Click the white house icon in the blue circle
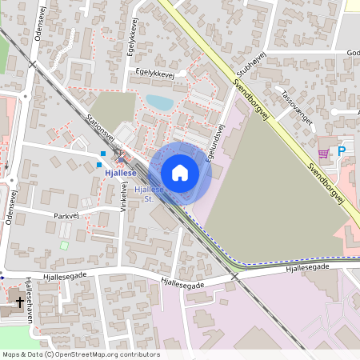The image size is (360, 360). click(x=180, y=173)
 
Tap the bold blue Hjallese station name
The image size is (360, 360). click(x=116, y=171)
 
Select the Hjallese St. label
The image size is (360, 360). click(x=150, y=194)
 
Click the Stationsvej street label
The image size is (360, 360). click(x=100, y=129)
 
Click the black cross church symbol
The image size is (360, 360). click(x=20, y=302)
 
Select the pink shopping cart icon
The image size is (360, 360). click(x=323, y=153)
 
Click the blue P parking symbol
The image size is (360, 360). click(x=342, y=151)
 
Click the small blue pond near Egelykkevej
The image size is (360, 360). click(x=158, y=102)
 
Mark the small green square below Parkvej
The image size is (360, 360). click(x=64, y=245)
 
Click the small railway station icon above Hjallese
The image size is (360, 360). click(x=118, y=158)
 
